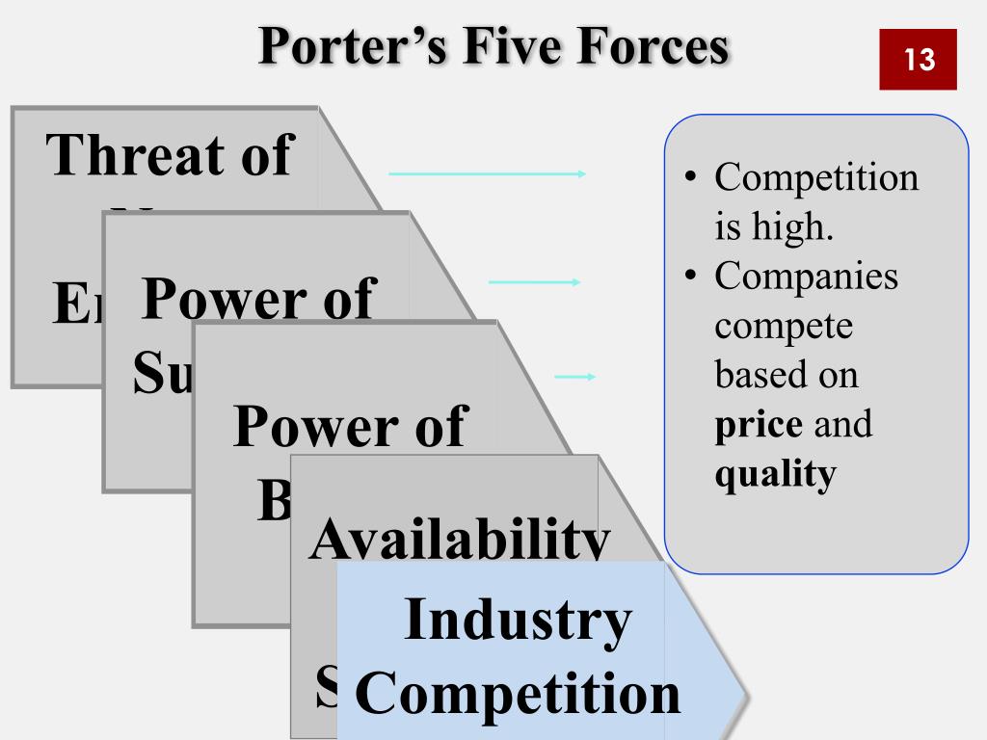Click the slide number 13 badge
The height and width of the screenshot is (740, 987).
click(x=918, y=60)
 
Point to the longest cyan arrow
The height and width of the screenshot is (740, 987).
click(x=487, y=173)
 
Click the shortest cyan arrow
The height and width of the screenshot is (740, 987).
click(x=575, y=377)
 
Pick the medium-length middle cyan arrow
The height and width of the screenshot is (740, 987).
click(x=535, y=282)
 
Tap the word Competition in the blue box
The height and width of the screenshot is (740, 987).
click(x=518, y=694)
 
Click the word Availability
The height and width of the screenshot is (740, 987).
click(x=459, y=542)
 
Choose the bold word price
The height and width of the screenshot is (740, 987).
click(x=759, y=424)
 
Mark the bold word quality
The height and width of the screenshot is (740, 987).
click(x=774, y=475)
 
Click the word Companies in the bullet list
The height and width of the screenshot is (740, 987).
click(x=806, y=276)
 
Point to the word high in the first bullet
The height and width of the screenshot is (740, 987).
click(x=799, y=227)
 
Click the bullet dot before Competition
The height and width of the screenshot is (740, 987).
click(x=690, y=178)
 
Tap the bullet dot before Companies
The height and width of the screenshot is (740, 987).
click(x=690, y=277)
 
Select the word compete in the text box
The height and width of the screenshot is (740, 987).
click(x=784, y=327)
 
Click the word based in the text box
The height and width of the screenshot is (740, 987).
click(x=755, y=375)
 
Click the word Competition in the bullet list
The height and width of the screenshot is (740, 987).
click(x=816, y=177)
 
